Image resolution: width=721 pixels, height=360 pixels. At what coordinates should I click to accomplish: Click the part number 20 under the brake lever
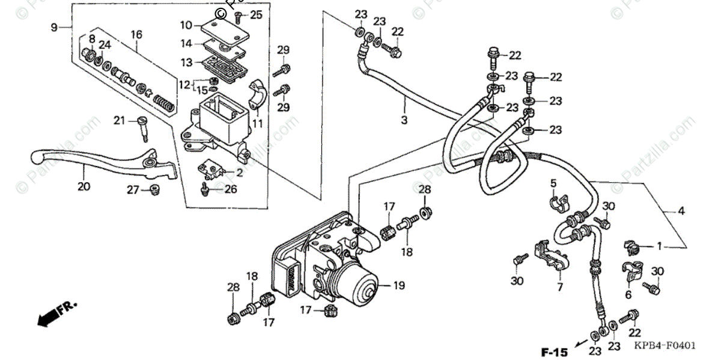click(84, 187)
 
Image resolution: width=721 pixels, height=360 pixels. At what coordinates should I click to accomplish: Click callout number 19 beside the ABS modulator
click(399, 286)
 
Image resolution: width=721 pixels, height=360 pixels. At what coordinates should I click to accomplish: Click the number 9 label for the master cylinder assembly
click(53, 27)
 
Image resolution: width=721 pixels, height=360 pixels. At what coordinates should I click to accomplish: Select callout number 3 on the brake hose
click(404, 120)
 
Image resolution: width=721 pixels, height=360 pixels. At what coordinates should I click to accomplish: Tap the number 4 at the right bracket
click(681, 211)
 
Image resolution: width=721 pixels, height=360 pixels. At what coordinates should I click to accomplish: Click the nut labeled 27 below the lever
click(153, 191)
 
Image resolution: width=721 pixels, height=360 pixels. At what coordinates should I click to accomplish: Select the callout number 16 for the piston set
click(136, 35)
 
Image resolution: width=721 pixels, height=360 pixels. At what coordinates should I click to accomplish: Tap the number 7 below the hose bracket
click(559, 287)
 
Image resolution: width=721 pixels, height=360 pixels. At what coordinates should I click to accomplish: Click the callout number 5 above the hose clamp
click(553, 183)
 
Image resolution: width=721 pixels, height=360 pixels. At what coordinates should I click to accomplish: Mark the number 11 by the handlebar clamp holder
click(258, 124)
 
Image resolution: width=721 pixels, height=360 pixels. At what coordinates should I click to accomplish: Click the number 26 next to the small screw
click(230, 190)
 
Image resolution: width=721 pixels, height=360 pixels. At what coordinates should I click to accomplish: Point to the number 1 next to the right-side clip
click(659, 246)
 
